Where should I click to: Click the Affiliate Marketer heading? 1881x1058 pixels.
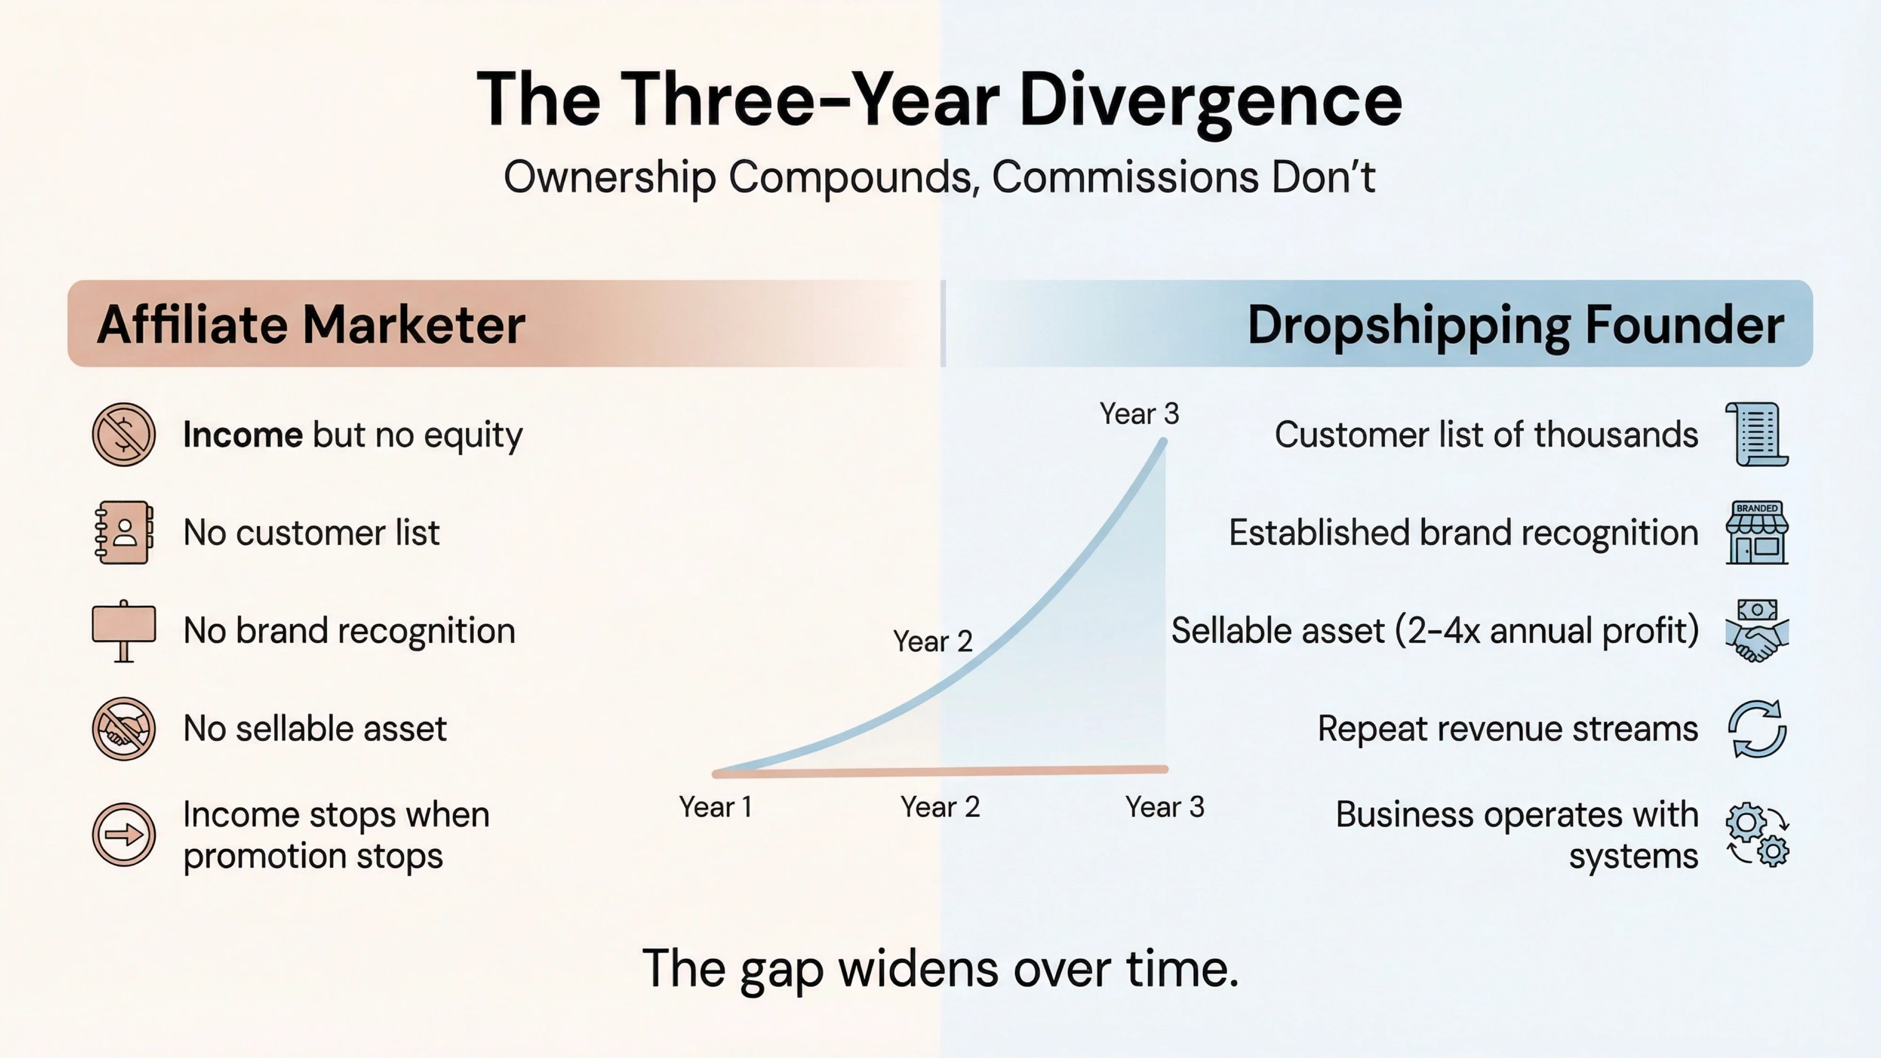click(311, 324)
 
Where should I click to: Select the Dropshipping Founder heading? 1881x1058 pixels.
click(1515, 324)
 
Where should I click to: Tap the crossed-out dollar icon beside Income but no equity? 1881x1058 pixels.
click(123, 434)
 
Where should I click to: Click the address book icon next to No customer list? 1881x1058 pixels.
click(123, 532)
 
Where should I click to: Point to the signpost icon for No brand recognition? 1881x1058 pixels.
click(123, 630)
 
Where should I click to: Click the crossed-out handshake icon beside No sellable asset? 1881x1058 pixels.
click(123, 728)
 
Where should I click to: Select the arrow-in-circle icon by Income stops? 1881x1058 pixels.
click(123, 835)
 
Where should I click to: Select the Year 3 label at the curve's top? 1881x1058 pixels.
click(1139, 414)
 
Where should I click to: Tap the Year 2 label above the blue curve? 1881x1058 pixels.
click(933, 641)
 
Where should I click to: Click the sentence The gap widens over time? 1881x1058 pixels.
click(940, 969)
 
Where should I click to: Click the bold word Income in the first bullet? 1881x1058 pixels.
click(243, 434)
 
